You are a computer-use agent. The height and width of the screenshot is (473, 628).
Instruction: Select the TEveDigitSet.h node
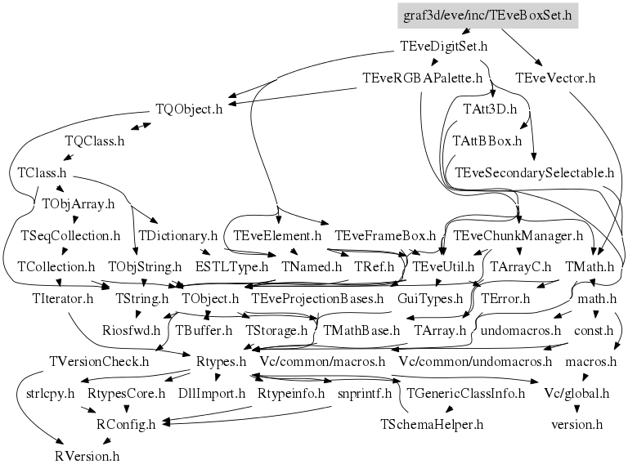(x=443, y=47)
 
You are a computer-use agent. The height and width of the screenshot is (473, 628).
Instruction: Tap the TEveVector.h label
(x=555, y=78)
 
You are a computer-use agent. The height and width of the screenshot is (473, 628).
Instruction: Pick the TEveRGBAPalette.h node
(x=424, y=78)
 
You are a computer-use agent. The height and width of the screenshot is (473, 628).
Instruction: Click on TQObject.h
(x=189, y=109)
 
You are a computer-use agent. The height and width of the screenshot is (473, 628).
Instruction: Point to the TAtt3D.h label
(x=490, y=109)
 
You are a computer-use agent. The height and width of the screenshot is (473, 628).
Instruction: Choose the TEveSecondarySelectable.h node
(x=534, y=172)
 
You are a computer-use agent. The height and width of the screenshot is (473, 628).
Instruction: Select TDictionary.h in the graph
(x=177, y=236)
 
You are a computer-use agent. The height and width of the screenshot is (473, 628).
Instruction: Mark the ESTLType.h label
(x=231, y=266)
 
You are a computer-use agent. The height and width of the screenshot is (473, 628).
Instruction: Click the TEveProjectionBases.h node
(x=317, y=298)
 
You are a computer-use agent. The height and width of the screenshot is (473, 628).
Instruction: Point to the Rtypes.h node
(x=222, y=361)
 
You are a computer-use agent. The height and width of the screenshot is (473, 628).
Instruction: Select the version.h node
(x=577, y=425)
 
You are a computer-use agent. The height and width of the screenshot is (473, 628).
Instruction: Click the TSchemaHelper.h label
(x=432, y=425)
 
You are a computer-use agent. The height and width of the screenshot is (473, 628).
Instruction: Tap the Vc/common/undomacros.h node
(x=476, y=361)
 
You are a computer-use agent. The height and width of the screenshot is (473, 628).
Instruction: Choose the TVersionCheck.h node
(x=99, y=361)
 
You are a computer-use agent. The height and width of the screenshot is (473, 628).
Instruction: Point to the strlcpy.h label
(x=45, y=393)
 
